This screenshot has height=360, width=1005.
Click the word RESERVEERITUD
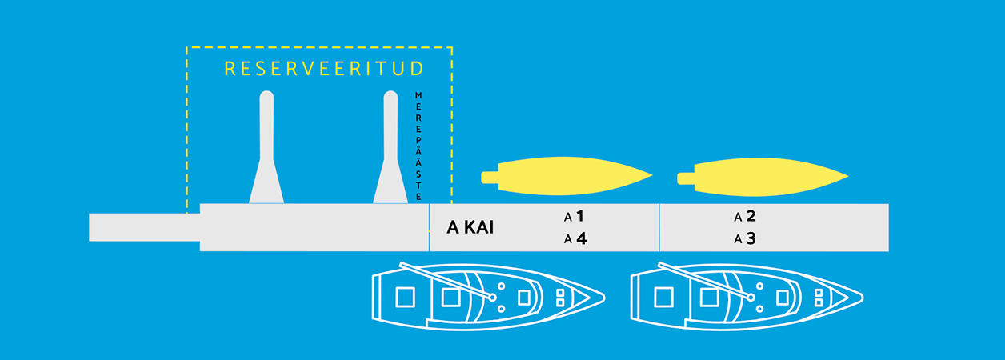click(324, 69)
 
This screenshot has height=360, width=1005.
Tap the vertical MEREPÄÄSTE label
click(418, 146)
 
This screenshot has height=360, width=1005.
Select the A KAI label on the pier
click(470, 227)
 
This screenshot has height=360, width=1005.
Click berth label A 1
click(574, 217)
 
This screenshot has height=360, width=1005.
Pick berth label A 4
click(575, 238)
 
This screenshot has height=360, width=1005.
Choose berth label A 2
click(745, 217)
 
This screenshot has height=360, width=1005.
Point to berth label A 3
click(745, 238)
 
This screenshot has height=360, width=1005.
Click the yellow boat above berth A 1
click(567, 176)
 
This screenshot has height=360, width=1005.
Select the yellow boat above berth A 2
click(763, 177)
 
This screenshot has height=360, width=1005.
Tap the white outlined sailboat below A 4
click(488, 297)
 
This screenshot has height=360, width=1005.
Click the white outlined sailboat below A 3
click(747, 297)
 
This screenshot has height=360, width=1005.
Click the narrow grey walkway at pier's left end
click(145, 227)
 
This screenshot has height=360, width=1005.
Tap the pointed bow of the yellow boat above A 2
click(847, 177)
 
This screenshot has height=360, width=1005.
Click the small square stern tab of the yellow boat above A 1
click(490, 178)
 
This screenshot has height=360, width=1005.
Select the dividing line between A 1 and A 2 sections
click(659, 227)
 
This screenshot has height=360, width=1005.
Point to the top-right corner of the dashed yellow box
click(452, 47)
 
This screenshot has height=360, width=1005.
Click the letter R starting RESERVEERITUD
click(230, 69)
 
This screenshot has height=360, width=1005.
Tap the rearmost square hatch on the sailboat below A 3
click(663, 298)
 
